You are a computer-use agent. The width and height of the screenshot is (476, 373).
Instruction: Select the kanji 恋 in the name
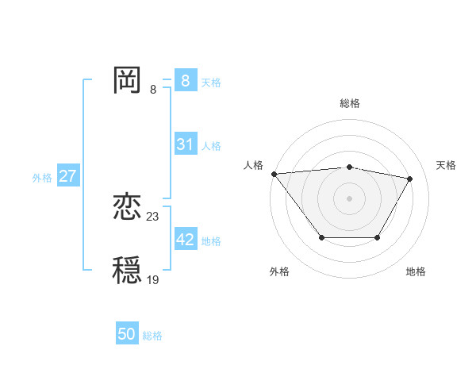(127, 208)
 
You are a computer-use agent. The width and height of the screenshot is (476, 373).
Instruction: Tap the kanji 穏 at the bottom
(127, 271)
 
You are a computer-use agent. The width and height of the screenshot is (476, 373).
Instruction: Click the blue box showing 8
(185, 80)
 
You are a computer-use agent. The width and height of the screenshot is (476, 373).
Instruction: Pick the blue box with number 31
(185, 144)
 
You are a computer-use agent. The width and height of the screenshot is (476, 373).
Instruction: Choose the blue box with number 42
(185, 240)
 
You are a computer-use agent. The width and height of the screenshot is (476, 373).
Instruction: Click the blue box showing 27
(67, 176)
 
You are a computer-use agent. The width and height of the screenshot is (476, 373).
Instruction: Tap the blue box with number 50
(127, 334)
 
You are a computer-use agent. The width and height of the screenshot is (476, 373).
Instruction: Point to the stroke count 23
(153, 216)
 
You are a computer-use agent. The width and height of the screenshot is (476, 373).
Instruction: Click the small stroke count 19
(153, 279)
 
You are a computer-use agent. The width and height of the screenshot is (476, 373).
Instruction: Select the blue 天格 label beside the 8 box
(211, 83)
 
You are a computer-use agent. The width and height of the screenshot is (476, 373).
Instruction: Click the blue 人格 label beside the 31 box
(211, 146)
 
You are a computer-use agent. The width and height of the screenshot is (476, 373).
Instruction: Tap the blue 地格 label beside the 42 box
(211, 241)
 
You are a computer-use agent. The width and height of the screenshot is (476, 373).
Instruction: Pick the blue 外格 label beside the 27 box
(42, 178)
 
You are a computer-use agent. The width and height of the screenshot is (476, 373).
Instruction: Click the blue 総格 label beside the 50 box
(152, 336)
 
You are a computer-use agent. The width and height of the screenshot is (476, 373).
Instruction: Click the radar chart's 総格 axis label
(349, 103)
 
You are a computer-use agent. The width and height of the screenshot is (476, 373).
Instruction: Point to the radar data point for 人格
(274, 174)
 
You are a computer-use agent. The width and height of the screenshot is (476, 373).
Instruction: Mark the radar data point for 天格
(410, 179)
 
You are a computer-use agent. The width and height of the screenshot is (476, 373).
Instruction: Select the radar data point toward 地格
(377, 237)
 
